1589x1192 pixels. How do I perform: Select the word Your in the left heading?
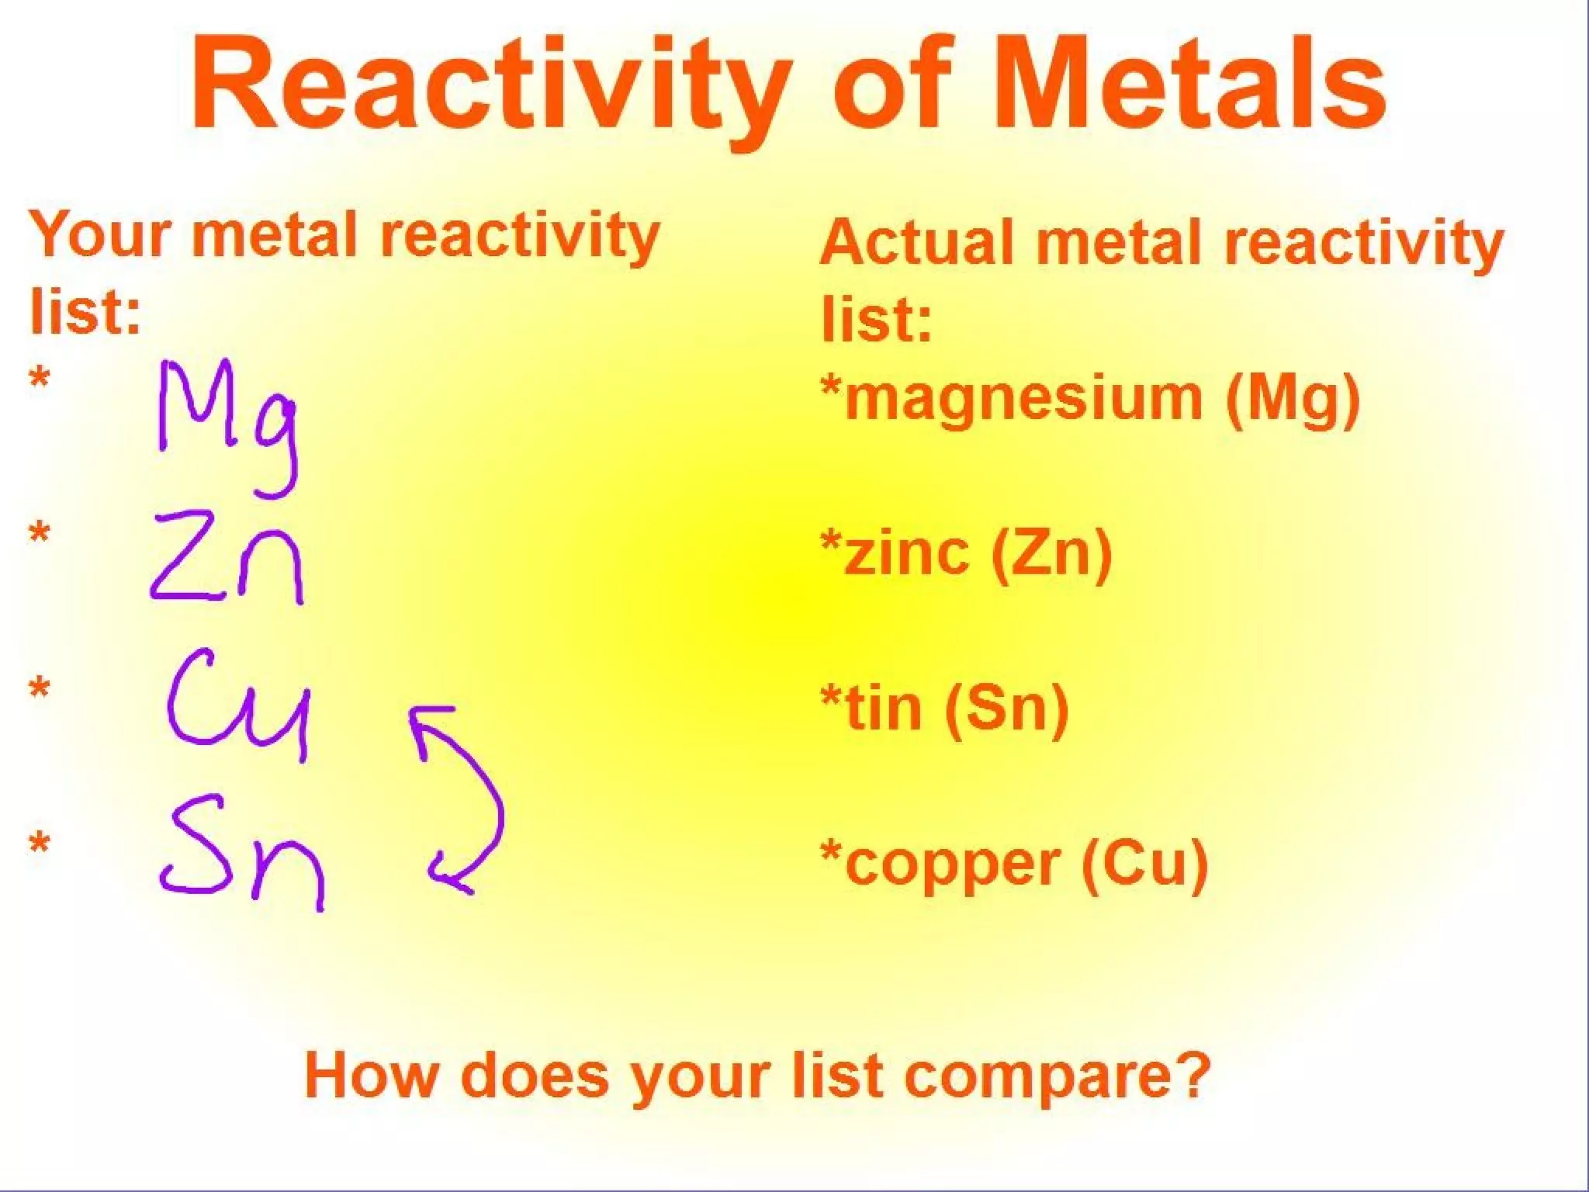click(x=98, y=234)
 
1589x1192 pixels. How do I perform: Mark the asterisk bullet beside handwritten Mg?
click(x=40, y=381)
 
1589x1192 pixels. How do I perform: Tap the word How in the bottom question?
click(x=372, y=1074)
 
